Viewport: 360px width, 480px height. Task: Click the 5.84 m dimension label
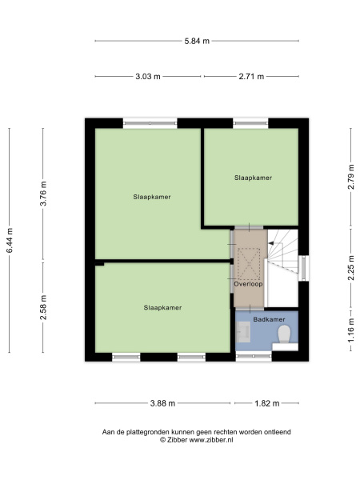[197, 41]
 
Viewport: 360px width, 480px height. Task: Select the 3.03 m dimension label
[148, 77]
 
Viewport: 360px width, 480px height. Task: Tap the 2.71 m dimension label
[251, 77]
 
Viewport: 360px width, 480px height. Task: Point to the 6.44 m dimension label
[10, 240]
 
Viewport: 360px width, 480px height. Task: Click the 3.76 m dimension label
[43, 194]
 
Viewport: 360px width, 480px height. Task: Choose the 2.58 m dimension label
[43, 307]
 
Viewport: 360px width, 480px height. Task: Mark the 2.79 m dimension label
[351, 177]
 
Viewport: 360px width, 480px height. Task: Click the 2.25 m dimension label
[351, 268]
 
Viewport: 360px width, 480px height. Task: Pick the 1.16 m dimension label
[351, 330]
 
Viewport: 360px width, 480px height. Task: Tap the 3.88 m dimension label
[162, 403]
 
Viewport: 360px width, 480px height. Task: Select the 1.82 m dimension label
[267, 403]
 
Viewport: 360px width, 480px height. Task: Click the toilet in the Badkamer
[284, 334]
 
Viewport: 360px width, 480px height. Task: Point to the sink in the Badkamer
[244, 332]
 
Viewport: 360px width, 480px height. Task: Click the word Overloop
[248, 284]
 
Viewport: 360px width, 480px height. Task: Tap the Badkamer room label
[269, 319]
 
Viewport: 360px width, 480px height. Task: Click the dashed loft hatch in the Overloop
[249, 263]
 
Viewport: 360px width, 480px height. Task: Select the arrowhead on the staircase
[270, 243]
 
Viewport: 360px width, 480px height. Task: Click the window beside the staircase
[303, 268]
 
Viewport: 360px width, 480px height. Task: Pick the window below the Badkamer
[254, 356]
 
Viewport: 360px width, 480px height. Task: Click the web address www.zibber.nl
[211, 440]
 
